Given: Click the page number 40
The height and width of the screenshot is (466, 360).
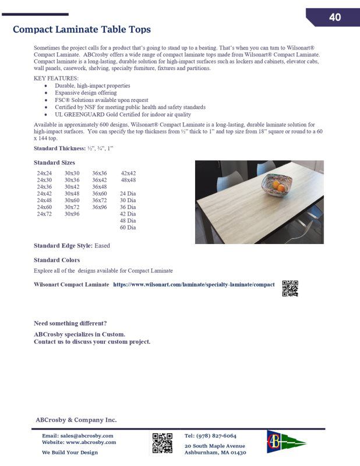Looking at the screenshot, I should pyautogui.click(x=334, y=17).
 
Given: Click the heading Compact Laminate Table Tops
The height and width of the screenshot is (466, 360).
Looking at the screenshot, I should pyautogui.click(x=82, y=29).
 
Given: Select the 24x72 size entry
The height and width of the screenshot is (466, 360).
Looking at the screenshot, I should pyautogui.click(x=44, y=214).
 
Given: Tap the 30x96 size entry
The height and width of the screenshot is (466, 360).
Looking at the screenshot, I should pyautogui.click(x=72, y=214).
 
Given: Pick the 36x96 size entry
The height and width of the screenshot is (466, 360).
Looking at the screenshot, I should pyautogui.click(x=99, y=207).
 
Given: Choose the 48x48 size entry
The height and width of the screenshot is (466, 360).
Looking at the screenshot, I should pyautogui.click(x=128, y=180).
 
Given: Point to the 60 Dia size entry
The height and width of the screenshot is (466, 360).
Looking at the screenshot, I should pyautogui.click(x=128, y=227).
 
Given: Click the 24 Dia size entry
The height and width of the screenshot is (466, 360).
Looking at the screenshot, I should pyautogui.click(x=128, y=193).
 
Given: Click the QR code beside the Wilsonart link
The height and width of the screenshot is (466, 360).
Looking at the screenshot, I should pyautogui.click(x=290, y=288).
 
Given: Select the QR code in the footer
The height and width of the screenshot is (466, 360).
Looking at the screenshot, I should pyautogui.click(x=163, y=443).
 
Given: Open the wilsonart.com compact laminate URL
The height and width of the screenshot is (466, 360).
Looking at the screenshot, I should pyautogui.click(x=193, y=284).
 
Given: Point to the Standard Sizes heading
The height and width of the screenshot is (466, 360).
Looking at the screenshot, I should pyautogui.click(x=54, y=163).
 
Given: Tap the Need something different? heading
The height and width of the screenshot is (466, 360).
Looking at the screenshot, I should pyautogui.click(x=70, y=323).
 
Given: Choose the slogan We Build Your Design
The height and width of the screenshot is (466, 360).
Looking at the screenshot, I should pyautogui.click(x=70, y=453).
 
